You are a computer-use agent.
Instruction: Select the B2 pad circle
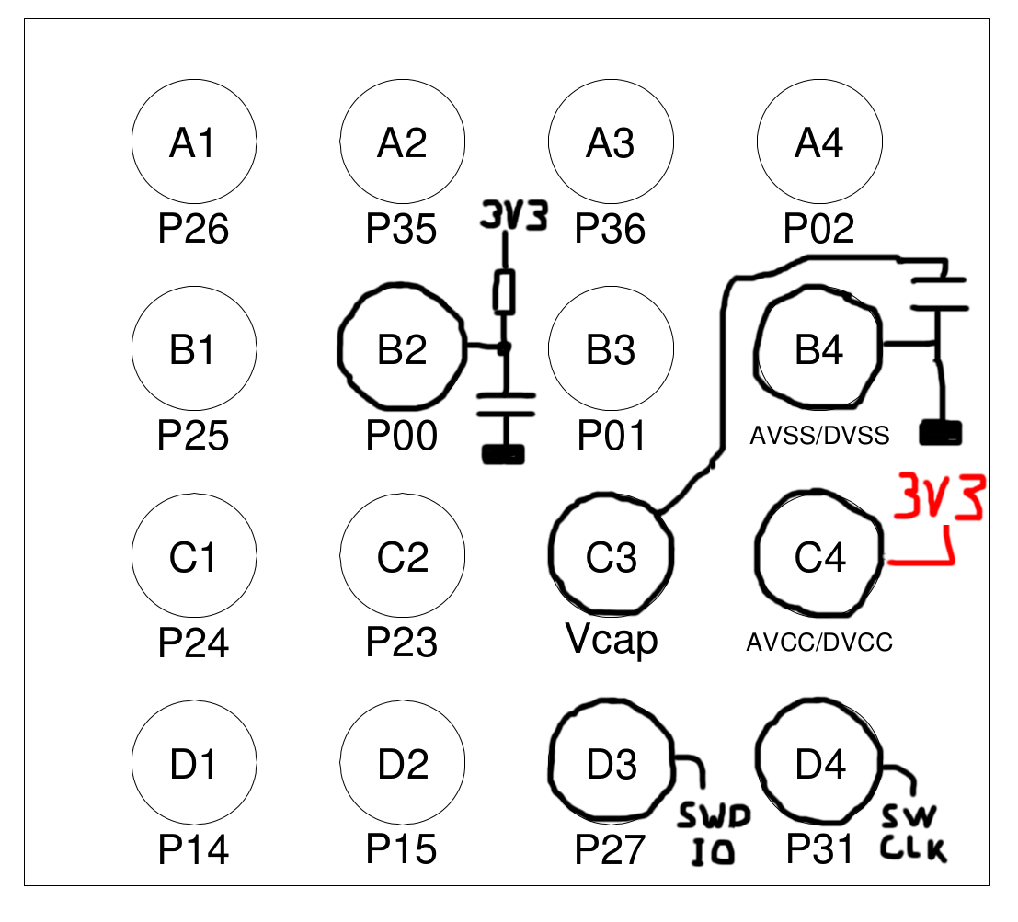[402, 349]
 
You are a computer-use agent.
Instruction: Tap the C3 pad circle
[611, 556]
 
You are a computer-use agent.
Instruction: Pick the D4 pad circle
[818, 763]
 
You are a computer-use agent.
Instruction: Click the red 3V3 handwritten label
[941, 497]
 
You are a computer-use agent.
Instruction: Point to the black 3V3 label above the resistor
[515, 217]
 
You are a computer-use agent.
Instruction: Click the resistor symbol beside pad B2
[504, 293]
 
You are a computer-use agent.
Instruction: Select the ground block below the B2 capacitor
[503, 453]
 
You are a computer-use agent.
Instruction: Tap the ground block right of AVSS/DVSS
[941, 431]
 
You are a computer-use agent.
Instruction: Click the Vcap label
[612, 640]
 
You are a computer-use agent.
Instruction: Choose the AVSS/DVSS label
[818, 436]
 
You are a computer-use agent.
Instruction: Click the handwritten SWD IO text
[715, 835]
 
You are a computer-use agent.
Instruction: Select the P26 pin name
[193, 229]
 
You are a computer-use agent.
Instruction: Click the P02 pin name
[818, 229]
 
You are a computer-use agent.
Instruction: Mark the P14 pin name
[193, 849]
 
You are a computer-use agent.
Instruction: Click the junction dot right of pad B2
[503, 348]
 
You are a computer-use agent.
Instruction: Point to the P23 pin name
[402, 643]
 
